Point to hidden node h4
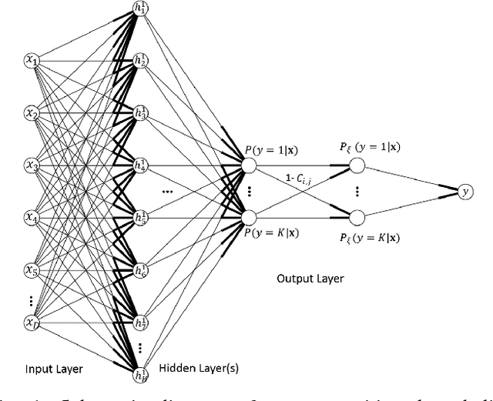[x=139, y=164]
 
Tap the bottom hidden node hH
[x=139, y=374]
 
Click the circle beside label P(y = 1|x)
[x=248, y=164]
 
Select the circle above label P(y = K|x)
[x=248, y=216]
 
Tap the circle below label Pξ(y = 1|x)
[x=356, y=165]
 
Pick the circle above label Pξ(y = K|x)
[x=356, y=216]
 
